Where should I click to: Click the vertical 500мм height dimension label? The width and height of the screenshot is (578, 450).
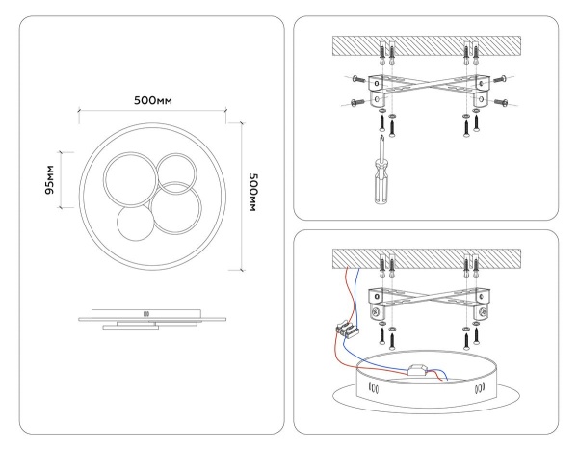point(253,193)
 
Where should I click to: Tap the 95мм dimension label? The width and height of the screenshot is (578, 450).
point(49,179)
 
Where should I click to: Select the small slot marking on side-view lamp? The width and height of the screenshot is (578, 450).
point(146,313)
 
